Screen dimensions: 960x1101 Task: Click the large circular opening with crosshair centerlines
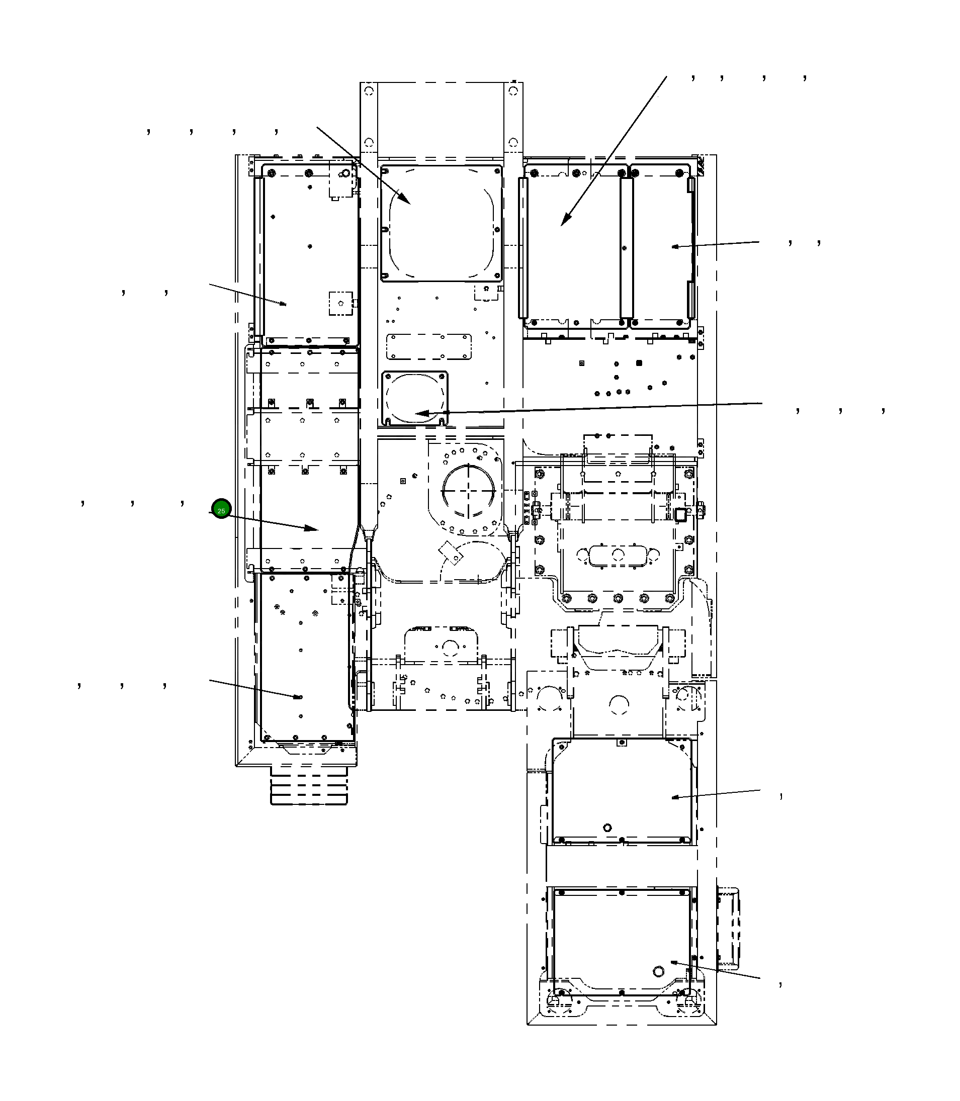point(468,491)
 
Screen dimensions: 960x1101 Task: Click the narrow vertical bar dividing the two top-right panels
point(626,248)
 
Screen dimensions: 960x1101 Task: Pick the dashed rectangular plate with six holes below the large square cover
point(429,346)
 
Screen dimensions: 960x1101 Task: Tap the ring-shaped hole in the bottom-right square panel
point(658,971)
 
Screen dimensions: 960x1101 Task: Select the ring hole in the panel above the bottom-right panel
point(607,828)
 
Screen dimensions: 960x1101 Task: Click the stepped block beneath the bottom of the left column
point(309,785)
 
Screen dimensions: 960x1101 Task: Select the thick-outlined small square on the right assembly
point(680,514)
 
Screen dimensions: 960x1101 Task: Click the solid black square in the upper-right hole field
point(638,362)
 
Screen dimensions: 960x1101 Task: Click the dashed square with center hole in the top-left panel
point(340,304)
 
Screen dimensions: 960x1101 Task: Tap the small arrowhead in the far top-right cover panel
point(675,246)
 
